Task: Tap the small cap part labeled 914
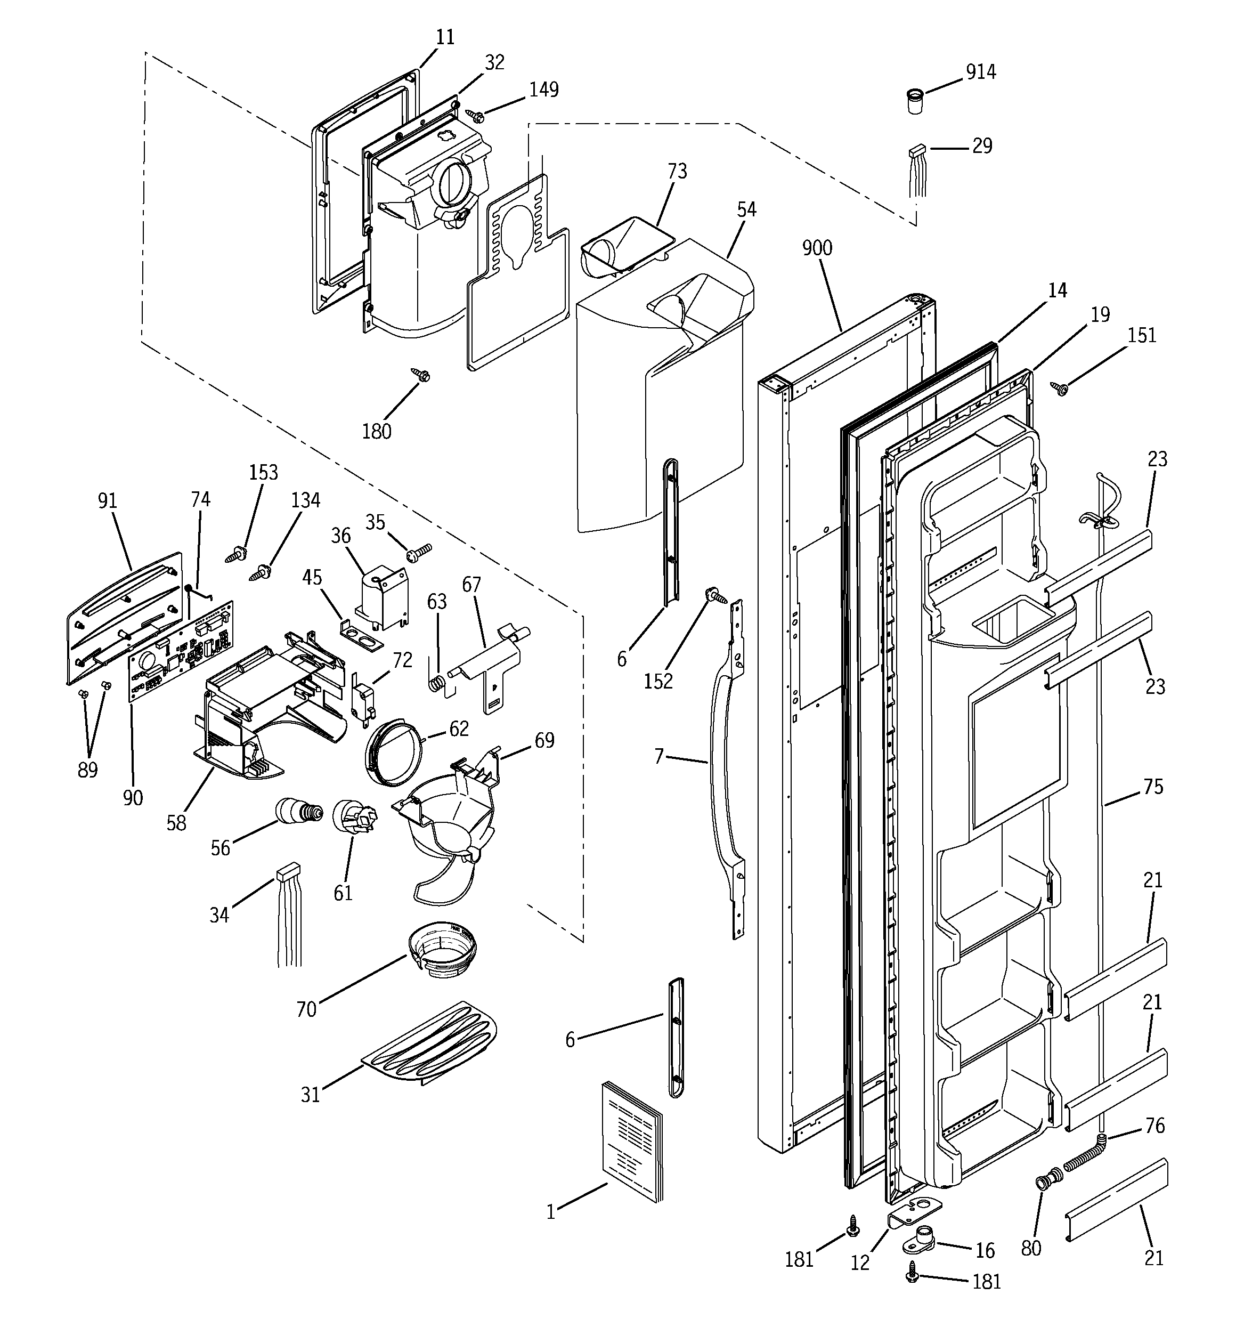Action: click(x=916, y=102)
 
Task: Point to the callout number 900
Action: click(x=817, y=248)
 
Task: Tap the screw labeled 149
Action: click(x=476, y=116)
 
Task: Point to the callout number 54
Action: click(x=746, y=209)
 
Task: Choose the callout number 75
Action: click(x=1153, y=787)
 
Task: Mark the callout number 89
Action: click(x=87, y=770)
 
